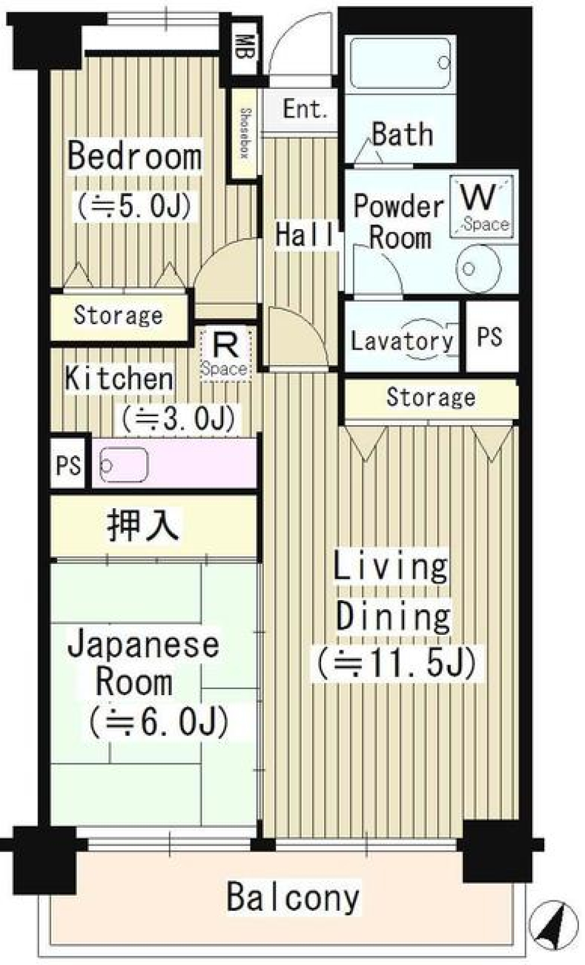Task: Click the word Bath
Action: pos(402,134)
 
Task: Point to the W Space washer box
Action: pos(482,206)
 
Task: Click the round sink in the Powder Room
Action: pos(480,267)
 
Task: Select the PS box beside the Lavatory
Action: pos(491,336)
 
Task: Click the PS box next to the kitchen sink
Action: pos(68,465)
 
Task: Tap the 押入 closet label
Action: pos(143,526)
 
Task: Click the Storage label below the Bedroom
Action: pos(118,316)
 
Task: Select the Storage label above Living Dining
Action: pos(431,397)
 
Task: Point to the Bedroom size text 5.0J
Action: pos(135,205)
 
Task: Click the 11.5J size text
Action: pos(395,662)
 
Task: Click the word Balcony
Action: pos(293,897)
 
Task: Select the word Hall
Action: pos(305,235)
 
